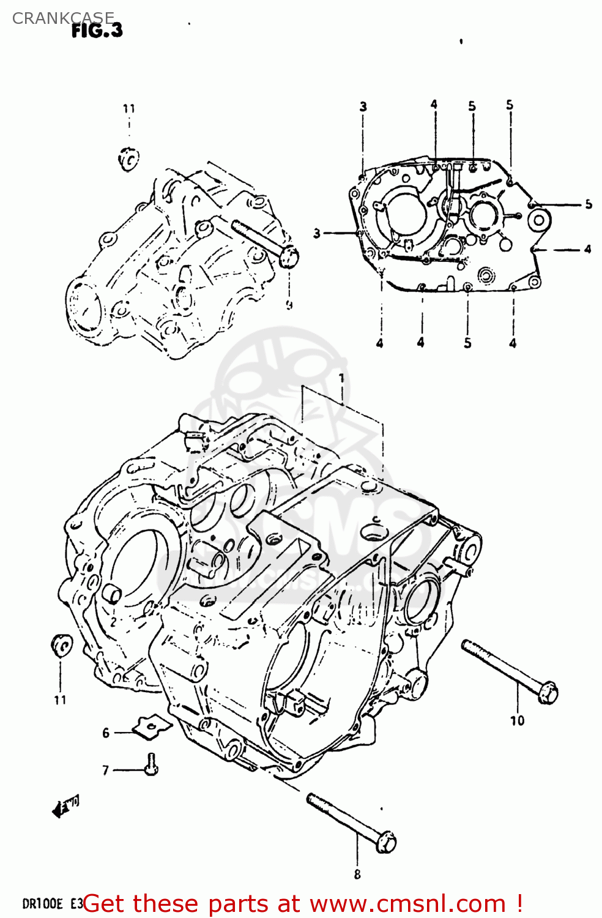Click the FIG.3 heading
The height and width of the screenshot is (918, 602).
point(97,31)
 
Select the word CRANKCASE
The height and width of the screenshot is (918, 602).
point(63,18)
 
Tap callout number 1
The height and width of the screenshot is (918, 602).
point(341,378)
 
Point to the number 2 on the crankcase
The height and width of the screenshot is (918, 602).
point(113,622)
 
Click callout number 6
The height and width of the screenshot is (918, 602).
point(106,733)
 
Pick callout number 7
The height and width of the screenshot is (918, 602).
point(106,770)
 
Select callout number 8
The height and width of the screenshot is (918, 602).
point(357,875)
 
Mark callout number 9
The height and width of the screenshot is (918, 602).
point(289,304)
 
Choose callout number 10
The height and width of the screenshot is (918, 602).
point(518,720)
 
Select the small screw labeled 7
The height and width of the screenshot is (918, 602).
point(151,765)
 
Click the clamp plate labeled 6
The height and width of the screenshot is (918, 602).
point(152,727)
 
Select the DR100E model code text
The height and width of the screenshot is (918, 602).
point(43,904)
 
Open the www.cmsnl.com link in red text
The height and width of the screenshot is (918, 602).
point(407,904)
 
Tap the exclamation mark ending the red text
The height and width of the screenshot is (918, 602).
point(519,904)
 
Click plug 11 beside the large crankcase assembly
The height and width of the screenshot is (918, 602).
point(61,646)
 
